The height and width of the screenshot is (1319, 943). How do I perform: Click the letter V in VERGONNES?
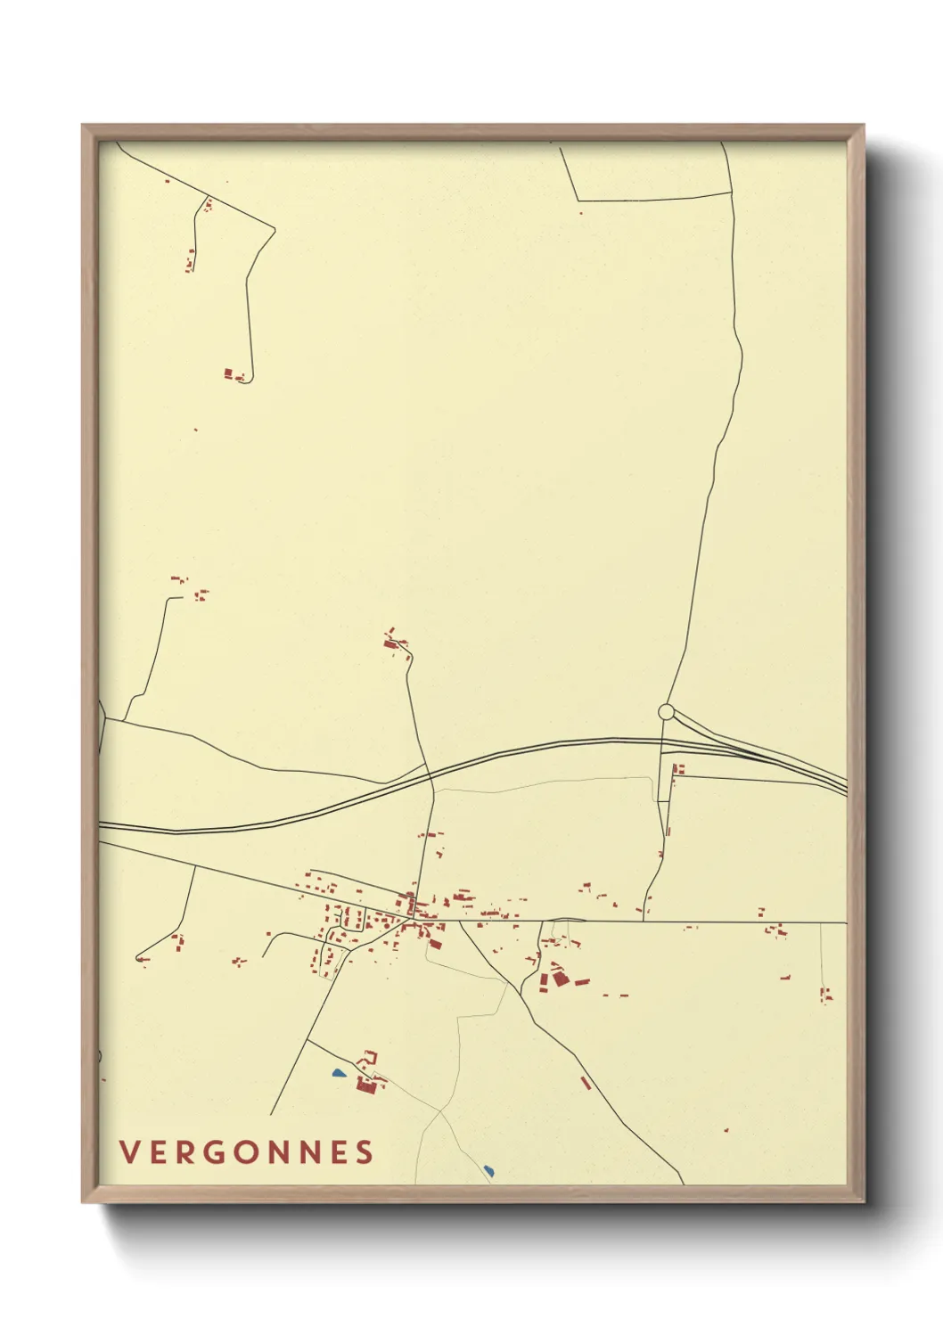click(x=128, y=1152)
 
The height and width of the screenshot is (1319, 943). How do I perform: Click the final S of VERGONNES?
click(x=365, y=1152)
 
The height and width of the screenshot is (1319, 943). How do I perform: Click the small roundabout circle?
click(x=666, y=712)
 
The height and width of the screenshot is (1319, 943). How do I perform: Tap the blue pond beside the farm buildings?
click(x=338, y=1073)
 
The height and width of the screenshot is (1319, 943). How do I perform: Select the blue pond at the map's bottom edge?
click(x=488, y=1168)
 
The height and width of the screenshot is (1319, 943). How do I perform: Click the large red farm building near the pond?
click(x=364, y=1085)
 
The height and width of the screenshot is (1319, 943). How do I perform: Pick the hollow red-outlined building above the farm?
click(x=370, y=1057)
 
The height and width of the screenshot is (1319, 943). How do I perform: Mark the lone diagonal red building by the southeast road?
click(x=586, y=1082)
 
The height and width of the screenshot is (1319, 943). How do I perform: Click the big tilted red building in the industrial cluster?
click(x=560, y=978)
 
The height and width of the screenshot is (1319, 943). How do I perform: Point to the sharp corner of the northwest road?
click(x=275, y=229)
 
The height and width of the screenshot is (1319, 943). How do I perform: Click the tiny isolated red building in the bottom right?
click(x=726, y=1130)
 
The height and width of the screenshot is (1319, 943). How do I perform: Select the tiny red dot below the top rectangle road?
click(x=581, y=213)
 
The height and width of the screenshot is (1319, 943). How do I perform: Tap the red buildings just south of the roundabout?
click(x=679, y=769)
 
